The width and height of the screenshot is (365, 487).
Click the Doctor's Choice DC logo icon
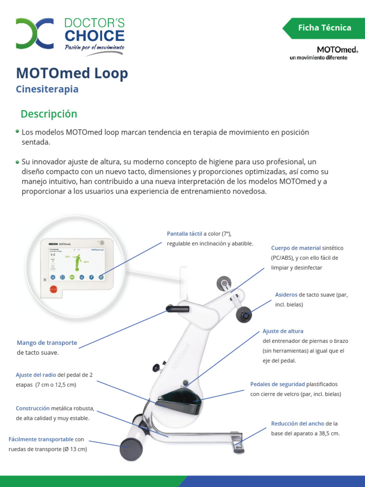tap(34, 34)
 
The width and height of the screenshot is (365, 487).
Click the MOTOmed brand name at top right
tap(337, 49)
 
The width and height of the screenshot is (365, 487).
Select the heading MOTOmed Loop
tap(72, 73)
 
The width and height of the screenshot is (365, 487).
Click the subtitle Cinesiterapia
tap(47, 89)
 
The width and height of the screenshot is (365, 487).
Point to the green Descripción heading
tap(48, 114)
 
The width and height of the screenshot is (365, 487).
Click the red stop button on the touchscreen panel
tap(53, 288)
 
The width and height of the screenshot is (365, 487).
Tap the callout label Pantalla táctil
tap(184, 234)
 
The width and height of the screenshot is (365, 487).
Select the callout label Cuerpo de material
tap(296, 248)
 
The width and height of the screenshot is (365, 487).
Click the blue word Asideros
tap(286, 294)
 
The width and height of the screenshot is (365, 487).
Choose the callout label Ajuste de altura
tap(283, 331)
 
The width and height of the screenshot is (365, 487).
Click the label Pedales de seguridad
tap(278, 384)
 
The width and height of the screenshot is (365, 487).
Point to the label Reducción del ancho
tap(298, 423)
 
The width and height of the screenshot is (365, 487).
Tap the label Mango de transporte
tap(47, 342)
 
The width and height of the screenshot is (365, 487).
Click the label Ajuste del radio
tap(36, 374)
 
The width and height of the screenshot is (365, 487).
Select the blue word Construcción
tap(33, 408)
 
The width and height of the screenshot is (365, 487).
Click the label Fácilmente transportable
tap(41, 439)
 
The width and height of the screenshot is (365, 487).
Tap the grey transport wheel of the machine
tap(131, 448)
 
